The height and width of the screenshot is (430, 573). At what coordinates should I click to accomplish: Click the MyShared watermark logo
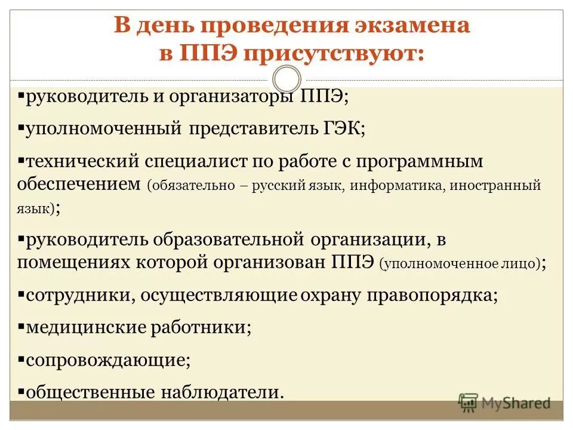point(504,403)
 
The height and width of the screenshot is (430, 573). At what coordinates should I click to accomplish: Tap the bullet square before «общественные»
point(21,392)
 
